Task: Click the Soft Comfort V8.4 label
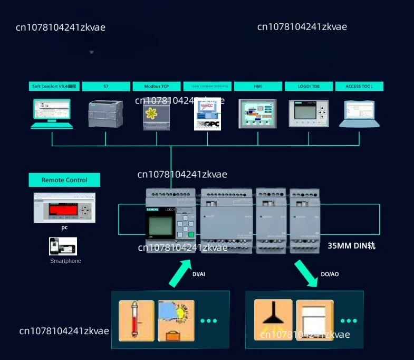point(54,86)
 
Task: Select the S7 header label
point(105,86)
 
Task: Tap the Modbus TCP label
point(156,86)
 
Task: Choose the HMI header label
point(258,86)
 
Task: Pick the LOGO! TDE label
point(309,86)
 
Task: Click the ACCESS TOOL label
point(359,86)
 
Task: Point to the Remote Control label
point(64,180)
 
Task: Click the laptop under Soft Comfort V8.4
point(52,114)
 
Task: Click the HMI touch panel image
point(258,113)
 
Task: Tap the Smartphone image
point(63,246)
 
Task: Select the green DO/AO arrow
point(307,272)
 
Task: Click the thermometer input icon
point(137,320)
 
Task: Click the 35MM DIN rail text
point(351,245)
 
